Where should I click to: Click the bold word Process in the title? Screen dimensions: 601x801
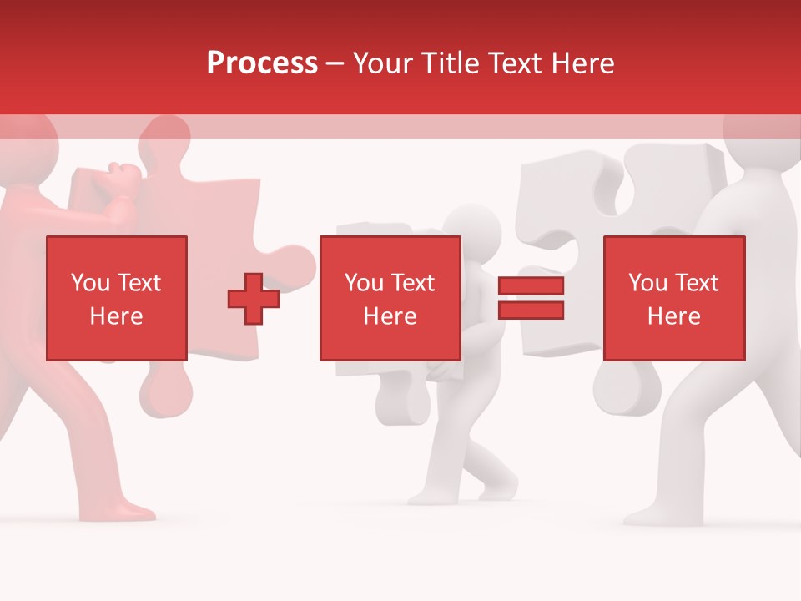[x=262, y=63]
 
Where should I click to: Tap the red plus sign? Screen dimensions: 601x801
[x=254, y=299]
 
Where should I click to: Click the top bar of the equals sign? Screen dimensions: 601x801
[x=531, y=286]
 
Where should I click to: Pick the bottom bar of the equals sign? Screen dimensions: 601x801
[x=531, y=311]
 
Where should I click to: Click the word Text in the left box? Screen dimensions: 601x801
[x=139, y=282]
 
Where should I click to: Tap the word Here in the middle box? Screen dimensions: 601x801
[x=390, y=316]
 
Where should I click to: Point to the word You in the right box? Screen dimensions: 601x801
[x=647, y=282]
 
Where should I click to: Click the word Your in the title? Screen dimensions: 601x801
[x=382, y=63]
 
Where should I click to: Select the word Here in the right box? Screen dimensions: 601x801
[x=673, y=316]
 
